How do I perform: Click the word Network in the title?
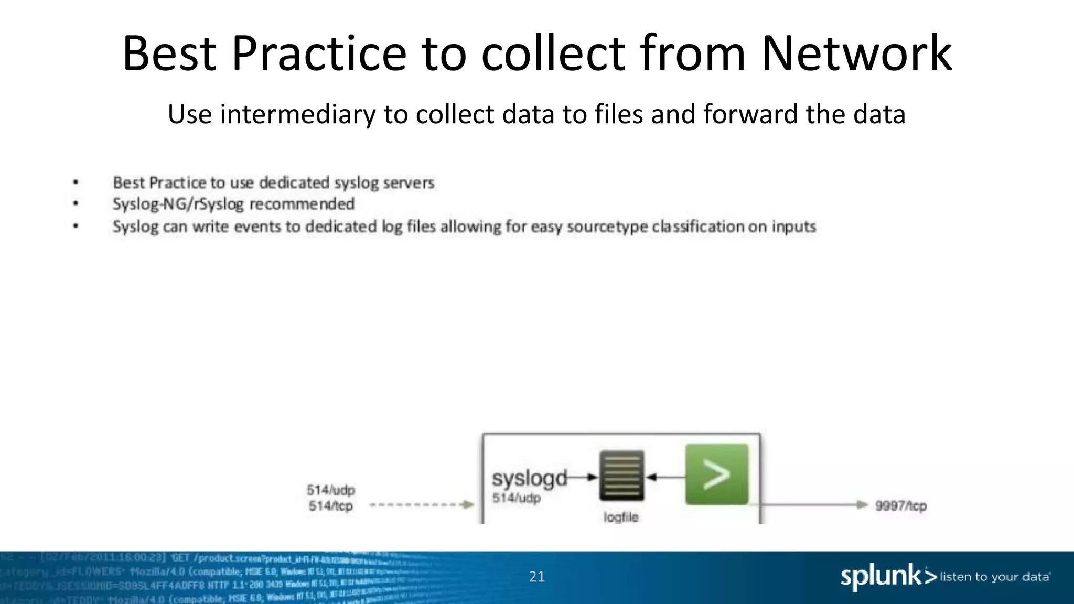[x=856, y=53]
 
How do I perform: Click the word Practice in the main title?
[x=319, y=53]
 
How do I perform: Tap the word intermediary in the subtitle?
[x=297, y=114]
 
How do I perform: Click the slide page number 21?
[x=536, y=577]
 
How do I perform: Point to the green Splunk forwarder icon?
[x=716, y=474]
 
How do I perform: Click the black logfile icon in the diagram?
[x=621, y=476]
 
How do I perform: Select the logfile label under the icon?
[x=621, y=517]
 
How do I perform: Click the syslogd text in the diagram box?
[x=529, y=478]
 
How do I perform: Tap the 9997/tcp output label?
[x=900, y=506]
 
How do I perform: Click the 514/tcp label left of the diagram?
[x=330, y=506]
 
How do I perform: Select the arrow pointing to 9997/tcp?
[x=813, y=505]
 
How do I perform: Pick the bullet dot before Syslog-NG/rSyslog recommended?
[x=76, y=203]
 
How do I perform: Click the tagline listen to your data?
[x=995, y=577]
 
